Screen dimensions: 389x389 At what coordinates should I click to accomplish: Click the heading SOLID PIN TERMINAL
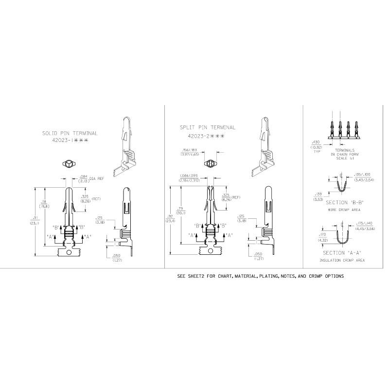[70, 133]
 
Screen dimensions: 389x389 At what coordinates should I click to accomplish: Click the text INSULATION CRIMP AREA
[343, 261]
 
